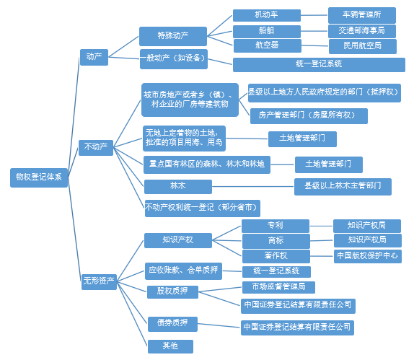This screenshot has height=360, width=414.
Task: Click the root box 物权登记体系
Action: [39, 177]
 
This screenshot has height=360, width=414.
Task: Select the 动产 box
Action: [94, 57]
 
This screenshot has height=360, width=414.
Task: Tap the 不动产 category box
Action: [96, 148]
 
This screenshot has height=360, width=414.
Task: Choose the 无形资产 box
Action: [99, 282]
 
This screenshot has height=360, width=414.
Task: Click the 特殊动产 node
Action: [173, 36]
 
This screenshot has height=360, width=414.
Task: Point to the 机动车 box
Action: [267, 15]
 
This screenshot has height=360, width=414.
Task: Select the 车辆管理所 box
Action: [362, 15]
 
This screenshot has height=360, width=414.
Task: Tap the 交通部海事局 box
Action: [362, 31]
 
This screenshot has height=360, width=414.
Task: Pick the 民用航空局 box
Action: [363, 46]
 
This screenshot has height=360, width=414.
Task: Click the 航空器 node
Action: [268, 45]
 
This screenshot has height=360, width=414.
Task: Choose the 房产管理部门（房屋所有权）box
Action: [309, 116]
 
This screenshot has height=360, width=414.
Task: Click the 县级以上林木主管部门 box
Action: [343, 187]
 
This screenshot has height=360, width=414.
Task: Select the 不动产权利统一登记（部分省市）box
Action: [203, 208]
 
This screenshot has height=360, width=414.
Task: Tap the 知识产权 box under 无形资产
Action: [178, 240]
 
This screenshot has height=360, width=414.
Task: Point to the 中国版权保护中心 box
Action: [368, 256]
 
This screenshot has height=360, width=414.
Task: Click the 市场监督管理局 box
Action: [278, 287]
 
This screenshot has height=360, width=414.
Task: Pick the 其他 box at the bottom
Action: [170, 346]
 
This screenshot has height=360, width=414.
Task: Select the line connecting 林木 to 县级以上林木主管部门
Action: [253, 187]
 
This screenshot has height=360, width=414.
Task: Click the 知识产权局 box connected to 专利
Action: [367, 226]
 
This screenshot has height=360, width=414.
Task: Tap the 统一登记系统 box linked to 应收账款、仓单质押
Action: [276, 271]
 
